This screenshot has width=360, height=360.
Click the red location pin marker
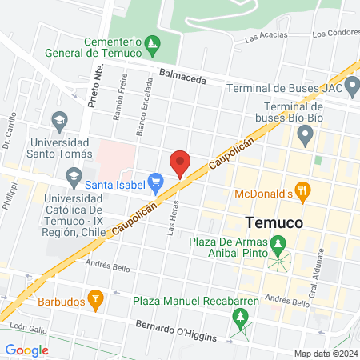click(x=180, y=163)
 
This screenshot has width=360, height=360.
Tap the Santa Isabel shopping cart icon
click(x=156, y=183)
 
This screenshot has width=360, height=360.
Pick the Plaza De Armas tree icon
click(x=278, y=242)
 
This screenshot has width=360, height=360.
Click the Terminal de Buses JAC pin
click(x=353, y=88)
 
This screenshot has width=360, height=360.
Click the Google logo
click(x=26, y=350)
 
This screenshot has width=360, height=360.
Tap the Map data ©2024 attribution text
click(x=325, y=354)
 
